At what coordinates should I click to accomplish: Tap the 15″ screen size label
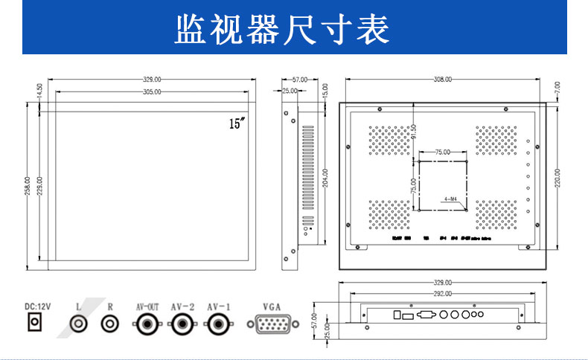point(237,124)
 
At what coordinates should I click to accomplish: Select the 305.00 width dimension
point(152,91)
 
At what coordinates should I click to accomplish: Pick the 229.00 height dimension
point(39,186)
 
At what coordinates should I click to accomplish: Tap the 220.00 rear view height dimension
point(557,179)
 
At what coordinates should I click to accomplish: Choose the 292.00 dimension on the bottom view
point(443,295)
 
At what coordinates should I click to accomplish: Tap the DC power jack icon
point(34,323)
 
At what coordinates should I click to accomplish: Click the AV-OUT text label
point(147,306)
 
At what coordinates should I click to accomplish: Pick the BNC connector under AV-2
point(182,324)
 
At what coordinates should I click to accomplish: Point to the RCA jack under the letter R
point(110,324)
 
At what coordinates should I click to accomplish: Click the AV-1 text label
point(219,306)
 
